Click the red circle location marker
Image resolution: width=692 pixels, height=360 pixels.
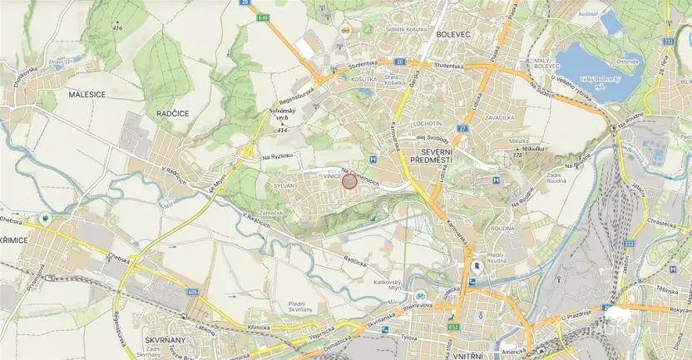tap(350, 181)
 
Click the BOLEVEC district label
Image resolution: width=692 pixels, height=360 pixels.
tap(454, 35)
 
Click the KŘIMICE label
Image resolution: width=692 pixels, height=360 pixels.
tap(14, 239)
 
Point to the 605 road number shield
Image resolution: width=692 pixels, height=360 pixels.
tap(193, 292)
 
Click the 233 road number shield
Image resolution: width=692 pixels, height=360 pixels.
tap(629, 244)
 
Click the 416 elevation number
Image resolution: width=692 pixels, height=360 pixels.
tap(117, 28)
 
